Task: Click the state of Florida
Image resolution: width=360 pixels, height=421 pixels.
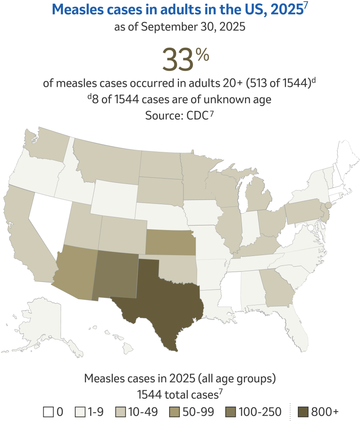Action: (x=298, y=329)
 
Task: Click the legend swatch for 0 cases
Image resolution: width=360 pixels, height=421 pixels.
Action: (x=48, y=412)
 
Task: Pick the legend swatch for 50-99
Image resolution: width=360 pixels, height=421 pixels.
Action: (x=174, y=412)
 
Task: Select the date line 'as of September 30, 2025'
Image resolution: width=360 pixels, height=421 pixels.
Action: (x=180, y=28)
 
